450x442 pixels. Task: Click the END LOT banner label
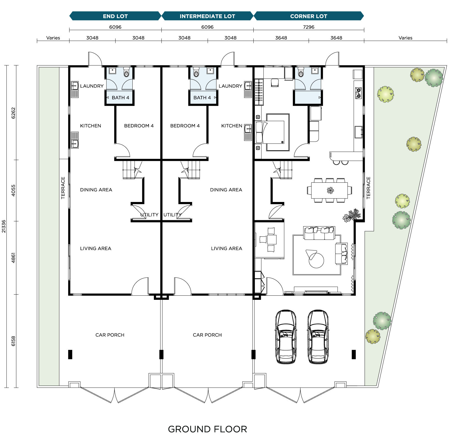tap(115, 16)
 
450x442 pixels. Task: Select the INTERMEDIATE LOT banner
tap(207, 16)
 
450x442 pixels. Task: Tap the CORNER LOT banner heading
tap(309, 16)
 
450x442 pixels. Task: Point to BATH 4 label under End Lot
tap(120, 98)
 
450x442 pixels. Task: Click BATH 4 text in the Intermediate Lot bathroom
tap(202, 98)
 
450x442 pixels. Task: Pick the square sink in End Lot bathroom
tap(113, 71)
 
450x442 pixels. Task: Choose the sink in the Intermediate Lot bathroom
tap(210, 71)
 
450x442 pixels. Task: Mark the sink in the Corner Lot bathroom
tap(315, 71)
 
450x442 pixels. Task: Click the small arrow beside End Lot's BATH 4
tap(108, 98)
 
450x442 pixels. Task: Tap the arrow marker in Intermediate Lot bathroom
tap(215, 98)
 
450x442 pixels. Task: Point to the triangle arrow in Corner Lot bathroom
tap(320, 98)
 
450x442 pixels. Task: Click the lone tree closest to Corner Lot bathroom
tap(385, 94)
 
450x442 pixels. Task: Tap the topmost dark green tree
tap(434, 78)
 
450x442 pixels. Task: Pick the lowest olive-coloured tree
tap(373, 336)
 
